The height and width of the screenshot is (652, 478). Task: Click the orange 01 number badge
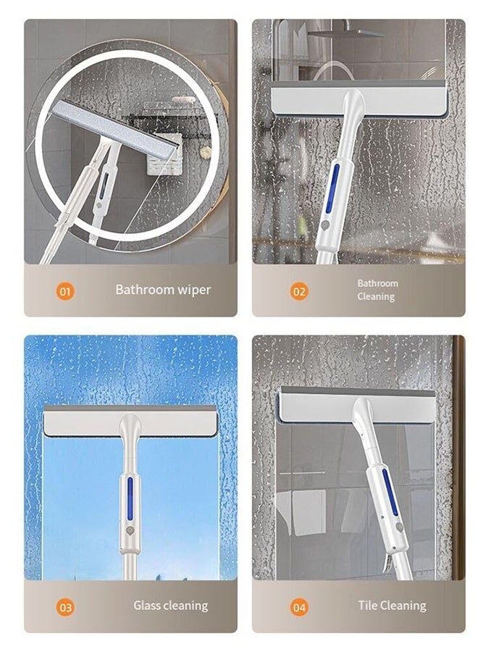coord(65,291)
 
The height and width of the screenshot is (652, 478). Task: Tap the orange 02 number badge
coord(299,291)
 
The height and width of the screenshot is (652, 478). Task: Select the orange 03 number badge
coord(65,607)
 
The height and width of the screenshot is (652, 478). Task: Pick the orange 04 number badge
coord(299,607)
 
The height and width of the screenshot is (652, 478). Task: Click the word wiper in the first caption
coord(192,290)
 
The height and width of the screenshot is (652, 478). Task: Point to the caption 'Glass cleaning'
coord(170,606)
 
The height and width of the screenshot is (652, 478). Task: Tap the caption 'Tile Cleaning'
coord(392,606)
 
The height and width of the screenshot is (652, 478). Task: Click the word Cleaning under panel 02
coord(376,297)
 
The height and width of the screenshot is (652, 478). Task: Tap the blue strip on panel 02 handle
coord(334,188)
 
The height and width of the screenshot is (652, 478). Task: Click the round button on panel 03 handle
coord(130,530)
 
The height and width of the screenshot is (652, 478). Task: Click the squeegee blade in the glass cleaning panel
coord(130,422)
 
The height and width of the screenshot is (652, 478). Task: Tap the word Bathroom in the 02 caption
coord(377,283)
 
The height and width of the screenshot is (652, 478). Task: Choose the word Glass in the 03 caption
coord(148,606)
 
